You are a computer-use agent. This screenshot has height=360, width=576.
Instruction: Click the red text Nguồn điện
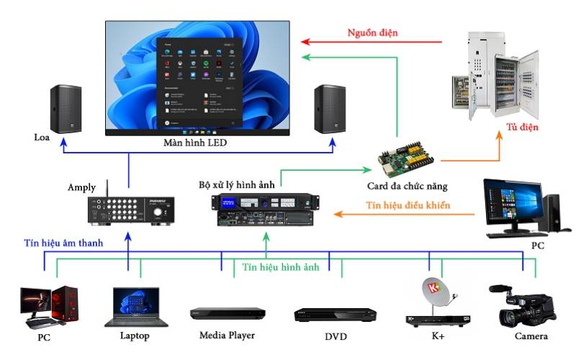[373, 32]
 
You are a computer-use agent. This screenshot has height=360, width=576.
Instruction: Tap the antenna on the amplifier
[107, 189]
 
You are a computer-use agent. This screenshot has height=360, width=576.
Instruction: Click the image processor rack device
[263, 211]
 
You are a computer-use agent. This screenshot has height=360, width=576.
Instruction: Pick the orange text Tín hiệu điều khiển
[408, 205]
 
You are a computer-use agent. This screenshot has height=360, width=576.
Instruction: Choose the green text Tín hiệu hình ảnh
[281, 267]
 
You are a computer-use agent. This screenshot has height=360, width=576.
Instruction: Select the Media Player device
[228, 313]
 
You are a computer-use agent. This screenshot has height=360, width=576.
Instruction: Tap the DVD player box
[336, 315]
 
